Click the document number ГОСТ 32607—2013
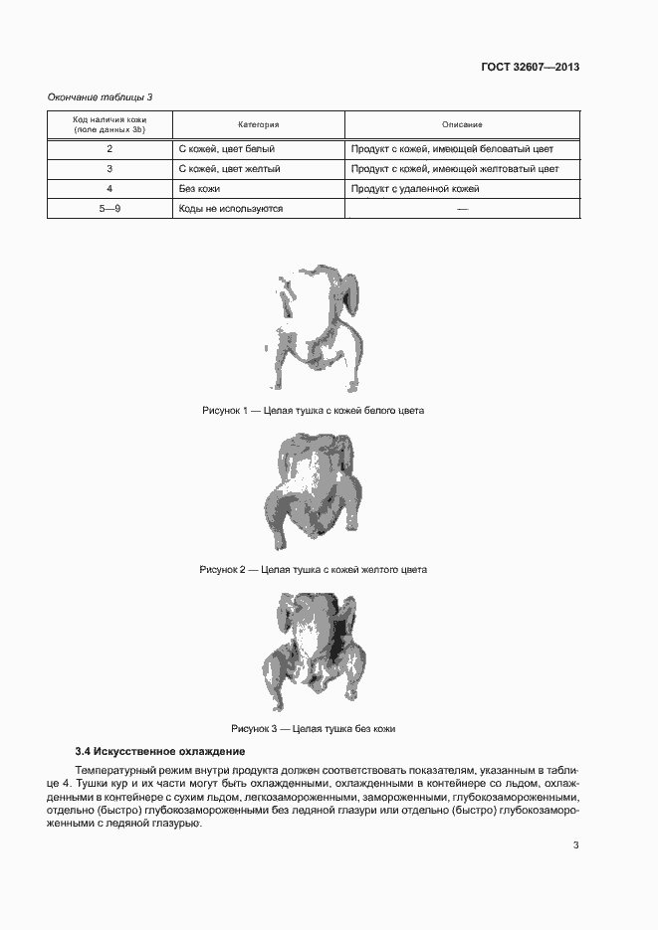coord(528,68)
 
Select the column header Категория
coord(258,124)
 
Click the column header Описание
coord(462,124)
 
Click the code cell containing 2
coord(110,149)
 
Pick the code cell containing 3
coord(110,169)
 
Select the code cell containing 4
coord(110,189)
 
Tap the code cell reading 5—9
coord(110,209)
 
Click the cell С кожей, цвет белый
coord(226,149)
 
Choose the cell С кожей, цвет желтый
coord(229,169)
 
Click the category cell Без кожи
coord(199,189)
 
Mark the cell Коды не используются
coord(231,209)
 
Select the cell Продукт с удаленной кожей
coord(415,189)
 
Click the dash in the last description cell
coord(462,209)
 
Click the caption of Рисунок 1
coord(314,410)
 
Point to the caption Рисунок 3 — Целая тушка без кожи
coord(314,729)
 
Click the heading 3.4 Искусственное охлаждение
coord(159,751)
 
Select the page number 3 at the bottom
coord(575,845)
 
